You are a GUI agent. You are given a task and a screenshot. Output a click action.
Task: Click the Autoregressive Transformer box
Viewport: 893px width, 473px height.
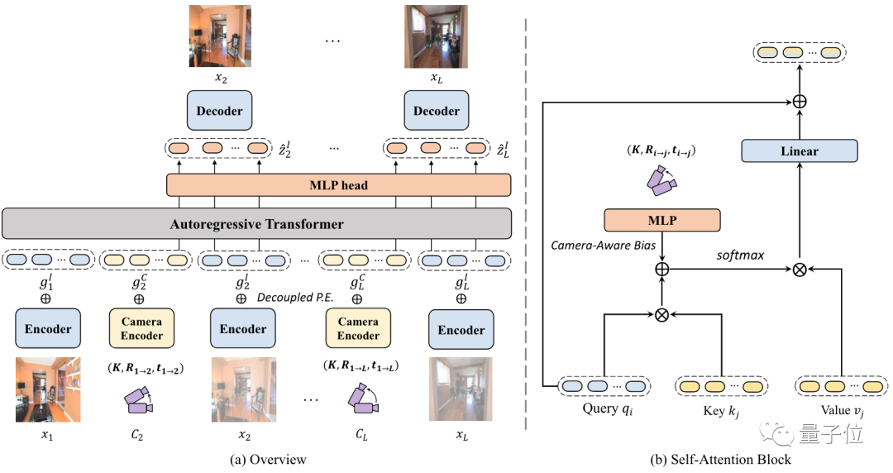[x=256, y=224]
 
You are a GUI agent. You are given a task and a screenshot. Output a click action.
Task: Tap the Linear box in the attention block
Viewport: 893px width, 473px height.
[x=799, y=151]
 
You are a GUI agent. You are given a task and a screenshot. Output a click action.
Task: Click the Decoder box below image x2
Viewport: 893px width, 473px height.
[x=219, y=110]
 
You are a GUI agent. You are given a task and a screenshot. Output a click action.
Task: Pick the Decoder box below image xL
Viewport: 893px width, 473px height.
[x=436, y=110]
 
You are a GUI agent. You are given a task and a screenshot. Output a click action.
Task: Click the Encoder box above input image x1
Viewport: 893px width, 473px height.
[x=48, y=329]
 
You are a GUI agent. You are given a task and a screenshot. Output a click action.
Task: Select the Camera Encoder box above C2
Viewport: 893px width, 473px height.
[x=141, y=329]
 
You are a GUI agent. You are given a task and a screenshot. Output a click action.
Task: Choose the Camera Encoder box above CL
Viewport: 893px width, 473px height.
[x=357, y=329]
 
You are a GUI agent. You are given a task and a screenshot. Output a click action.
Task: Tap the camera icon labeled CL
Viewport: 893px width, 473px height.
[x=361, y=399]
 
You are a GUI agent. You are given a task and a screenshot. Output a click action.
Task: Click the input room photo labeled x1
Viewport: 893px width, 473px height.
[x=48, y=389]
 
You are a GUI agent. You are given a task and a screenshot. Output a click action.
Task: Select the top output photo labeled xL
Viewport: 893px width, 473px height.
[x=436, y=36]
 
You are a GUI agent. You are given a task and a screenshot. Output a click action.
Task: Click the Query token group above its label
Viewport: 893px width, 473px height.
[x=604, y=385]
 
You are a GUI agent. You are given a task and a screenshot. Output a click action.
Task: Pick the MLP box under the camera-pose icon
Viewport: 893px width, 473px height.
[x=661, y=220]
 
